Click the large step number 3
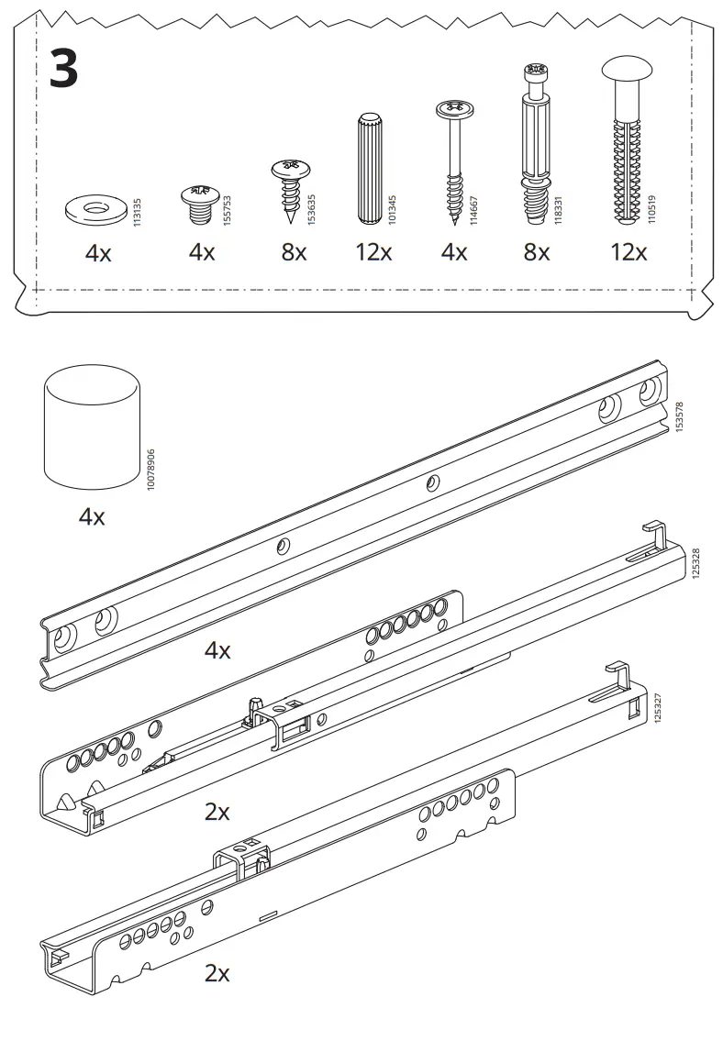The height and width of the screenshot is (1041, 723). (x=63, y=69)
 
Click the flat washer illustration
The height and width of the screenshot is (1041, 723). (x=97, y=210)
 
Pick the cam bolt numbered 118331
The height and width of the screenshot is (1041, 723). (x=537, y=144)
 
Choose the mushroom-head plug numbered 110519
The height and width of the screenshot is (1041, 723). (x=627, y=140)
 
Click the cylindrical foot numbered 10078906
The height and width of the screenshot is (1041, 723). (x=93, y=426)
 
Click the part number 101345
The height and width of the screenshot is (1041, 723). (x=393, y=210)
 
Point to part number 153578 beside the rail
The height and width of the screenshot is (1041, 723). (x=679, y=417)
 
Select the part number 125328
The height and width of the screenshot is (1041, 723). (x=695, y=564)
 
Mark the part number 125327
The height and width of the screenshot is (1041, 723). (x=658, y=708)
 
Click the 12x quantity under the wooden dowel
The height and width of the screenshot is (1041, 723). (x=373, y=252)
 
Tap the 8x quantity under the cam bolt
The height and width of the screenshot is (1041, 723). (x=537, y=252)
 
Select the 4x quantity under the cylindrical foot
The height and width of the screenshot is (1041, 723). (x=92, y=516)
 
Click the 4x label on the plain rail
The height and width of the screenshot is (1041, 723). (x=217, y=650)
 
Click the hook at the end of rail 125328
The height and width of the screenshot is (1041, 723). (x=654, y=535)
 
